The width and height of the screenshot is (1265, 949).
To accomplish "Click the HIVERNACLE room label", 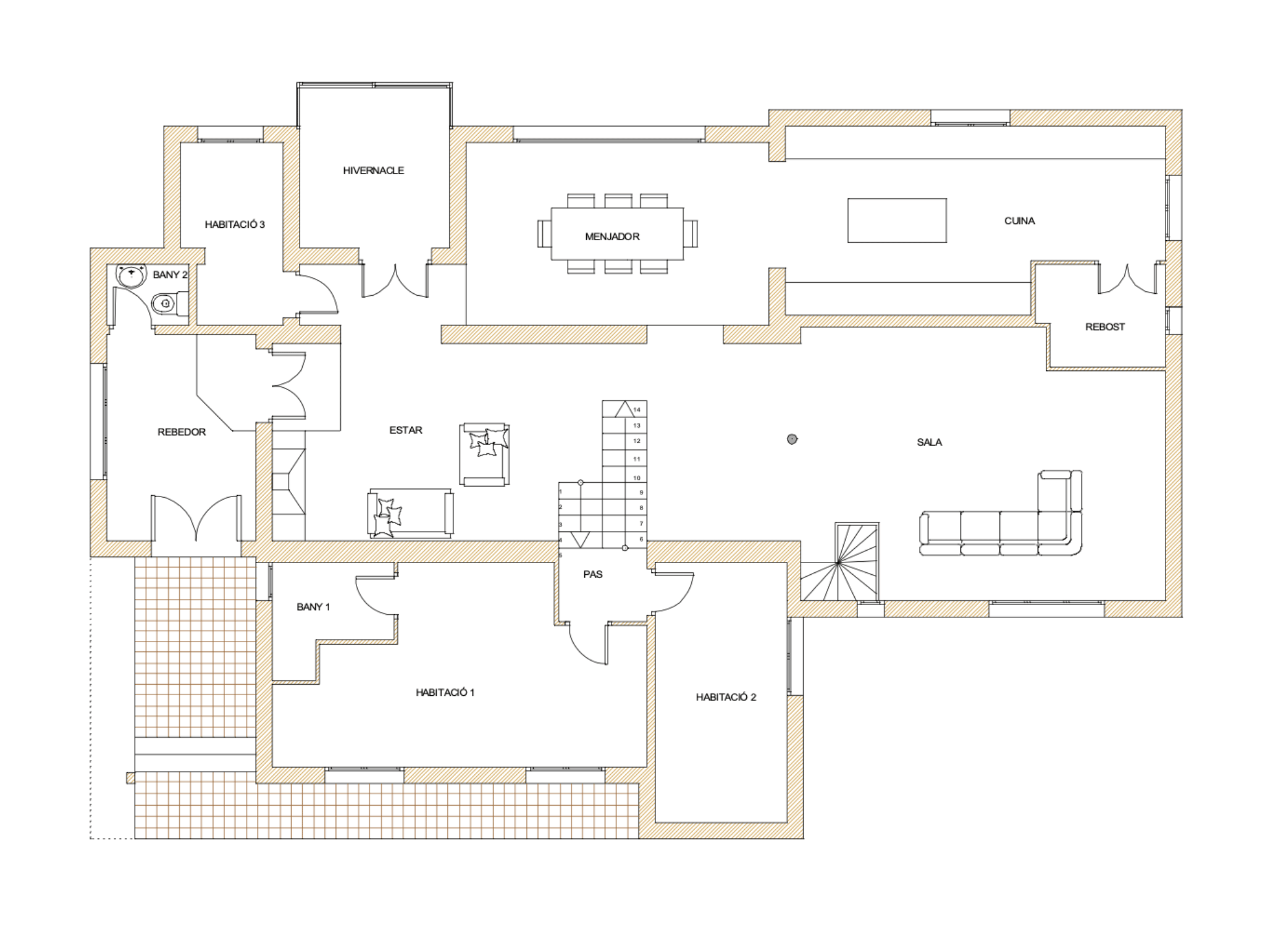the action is [373, 170].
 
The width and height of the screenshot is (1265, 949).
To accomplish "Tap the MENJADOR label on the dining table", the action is [612, 236].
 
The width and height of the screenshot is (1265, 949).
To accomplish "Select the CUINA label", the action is [1019, 221].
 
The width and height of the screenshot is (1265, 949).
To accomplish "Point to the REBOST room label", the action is [1105, 327].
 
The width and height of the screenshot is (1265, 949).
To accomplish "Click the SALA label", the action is [929, 442].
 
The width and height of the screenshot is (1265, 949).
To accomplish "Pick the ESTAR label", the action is [406, 430].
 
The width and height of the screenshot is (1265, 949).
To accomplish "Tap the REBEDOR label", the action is [182, 432].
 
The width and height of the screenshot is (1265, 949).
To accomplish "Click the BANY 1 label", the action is [313, 607].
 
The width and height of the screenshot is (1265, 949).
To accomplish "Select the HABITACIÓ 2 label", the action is [726, 697].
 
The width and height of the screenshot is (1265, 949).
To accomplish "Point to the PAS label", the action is [592, 574].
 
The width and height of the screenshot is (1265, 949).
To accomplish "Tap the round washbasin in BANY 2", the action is [131, 276].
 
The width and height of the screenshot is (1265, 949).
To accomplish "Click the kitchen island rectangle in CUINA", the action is [897, 220].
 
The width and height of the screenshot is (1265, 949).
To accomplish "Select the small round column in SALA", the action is [792, 439].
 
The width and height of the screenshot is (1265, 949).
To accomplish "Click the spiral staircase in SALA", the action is [839, 562].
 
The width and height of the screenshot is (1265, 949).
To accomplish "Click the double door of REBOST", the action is [1127, 279].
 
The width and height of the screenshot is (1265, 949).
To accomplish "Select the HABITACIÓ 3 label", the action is [235, 225].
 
